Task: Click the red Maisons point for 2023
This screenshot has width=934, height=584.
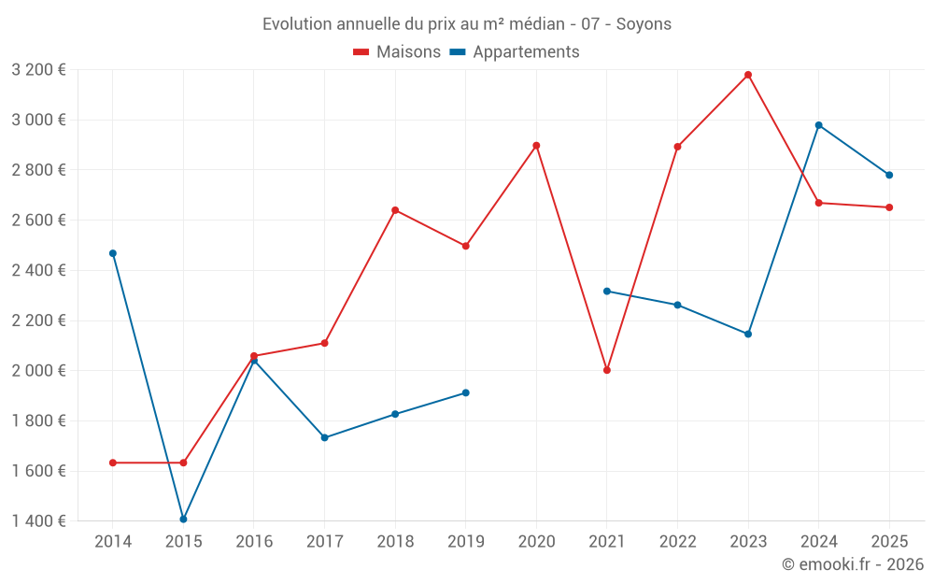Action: click(748, 75)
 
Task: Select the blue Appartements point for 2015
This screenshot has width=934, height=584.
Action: click(183, 520)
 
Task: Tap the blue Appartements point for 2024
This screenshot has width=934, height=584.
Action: click(819, 125)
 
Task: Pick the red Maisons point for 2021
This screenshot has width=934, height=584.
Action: click(607, 370)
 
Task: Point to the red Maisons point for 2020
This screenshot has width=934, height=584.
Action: click(536, 146)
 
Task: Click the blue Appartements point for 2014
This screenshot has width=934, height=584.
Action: click(113, 253)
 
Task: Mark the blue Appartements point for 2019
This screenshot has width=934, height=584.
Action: click(465, 392)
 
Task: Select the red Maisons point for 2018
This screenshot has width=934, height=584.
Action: click(395, 210)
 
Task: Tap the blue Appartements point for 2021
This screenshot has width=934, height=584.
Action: click(607, 292)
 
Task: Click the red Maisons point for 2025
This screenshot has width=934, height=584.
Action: click(889, 207)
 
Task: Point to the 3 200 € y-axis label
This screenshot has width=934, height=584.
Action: click(38, 70)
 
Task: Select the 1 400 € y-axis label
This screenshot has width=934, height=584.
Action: click(38, 520)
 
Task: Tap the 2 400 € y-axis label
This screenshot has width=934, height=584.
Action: click(38, 270)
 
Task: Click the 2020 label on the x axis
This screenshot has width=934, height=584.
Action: click(536, 541)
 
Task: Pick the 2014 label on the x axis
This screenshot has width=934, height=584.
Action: click(113, 541)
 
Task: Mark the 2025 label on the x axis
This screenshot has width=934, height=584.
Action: click(889, 541)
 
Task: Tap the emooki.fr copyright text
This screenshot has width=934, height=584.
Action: click(853, 564)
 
